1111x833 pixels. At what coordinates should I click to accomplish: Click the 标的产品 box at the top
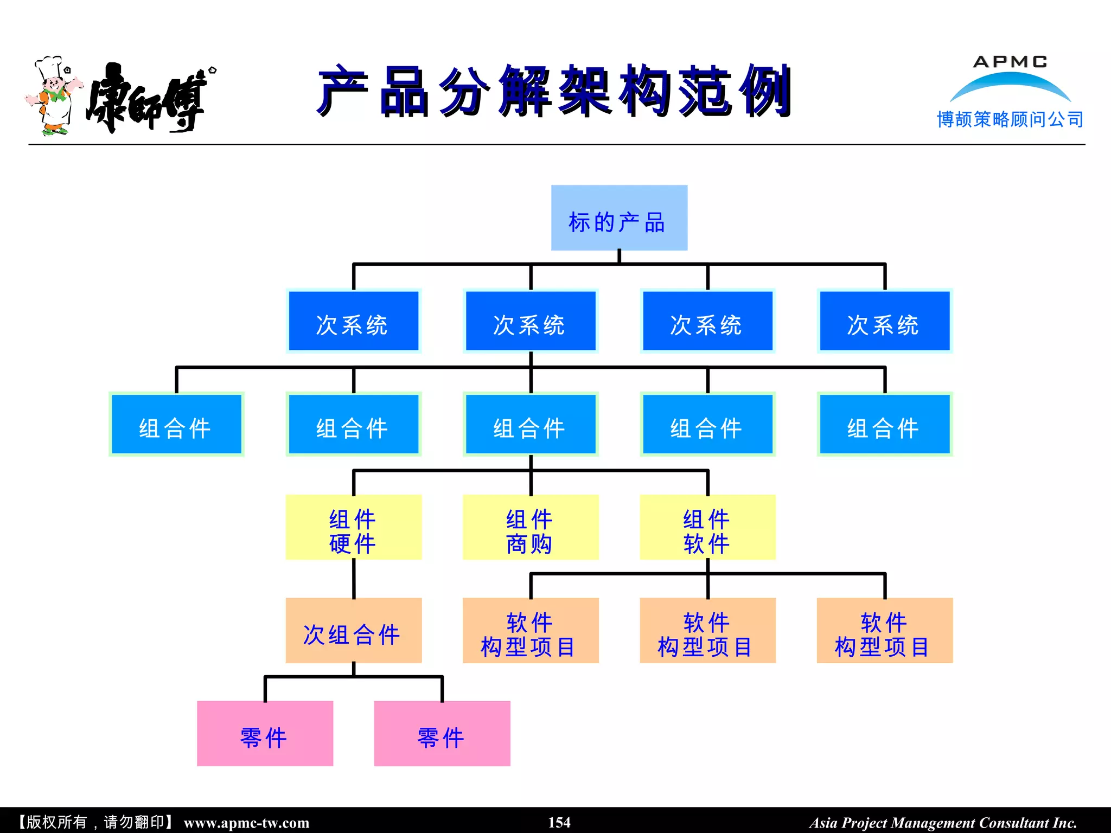619,217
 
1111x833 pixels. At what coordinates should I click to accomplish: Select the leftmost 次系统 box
353,321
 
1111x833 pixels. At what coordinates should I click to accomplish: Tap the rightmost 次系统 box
884,321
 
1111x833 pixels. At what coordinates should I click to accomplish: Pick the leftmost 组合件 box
176,424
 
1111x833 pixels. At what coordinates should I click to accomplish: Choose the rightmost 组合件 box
884,424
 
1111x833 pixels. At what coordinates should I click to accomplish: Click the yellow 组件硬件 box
353,527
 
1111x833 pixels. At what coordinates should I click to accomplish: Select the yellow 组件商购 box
530,527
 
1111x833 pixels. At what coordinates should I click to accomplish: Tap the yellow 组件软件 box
707,527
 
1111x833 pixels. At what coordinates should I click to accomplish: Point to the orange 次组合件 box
353,630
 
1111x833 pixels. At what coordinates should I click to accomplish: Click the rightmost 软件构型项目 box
884,630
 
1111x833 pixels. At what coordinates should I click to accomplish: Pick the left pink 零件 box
265,733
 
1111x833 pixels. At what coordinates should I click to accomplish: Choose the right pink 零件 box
442,733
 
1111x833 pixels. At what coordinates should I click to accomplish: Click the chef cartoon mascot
53,95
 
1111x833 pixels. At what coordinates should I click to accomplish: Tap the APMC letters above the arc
1010,62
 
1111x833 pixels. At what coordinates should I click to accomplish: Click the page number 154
559,822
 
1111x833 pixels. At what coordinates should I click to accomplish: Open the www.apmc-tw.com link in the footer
246,823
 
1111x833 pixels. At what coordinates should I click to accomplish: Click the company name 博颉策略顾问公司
1010,119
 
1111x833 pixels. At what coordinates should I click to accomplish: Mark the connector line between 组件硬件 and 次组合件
354,579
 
